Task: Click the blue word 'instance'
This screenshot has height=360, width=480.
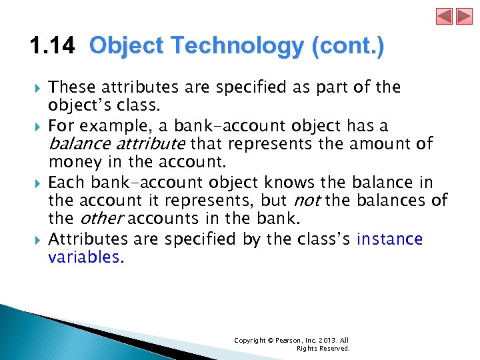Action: [389, 239]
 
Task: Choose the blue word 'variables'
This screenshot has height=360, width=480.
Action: [84, 257]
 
